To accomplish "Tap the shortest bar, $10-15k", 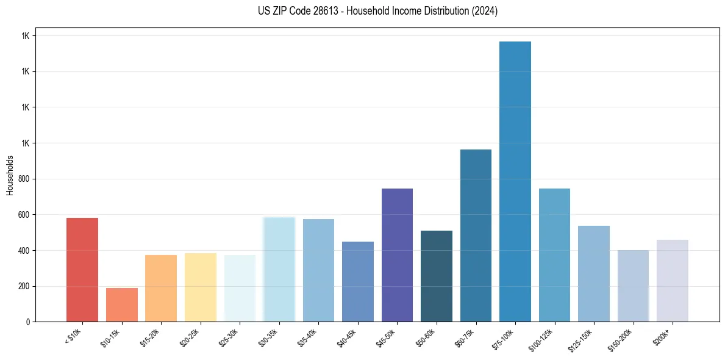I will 122,304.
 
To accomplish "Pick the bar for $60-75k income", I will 476,236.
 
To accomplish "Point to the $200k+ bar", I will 673,281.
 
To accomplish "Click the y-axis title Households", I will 10,175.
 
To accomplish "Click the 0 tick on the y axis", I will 29,322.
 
